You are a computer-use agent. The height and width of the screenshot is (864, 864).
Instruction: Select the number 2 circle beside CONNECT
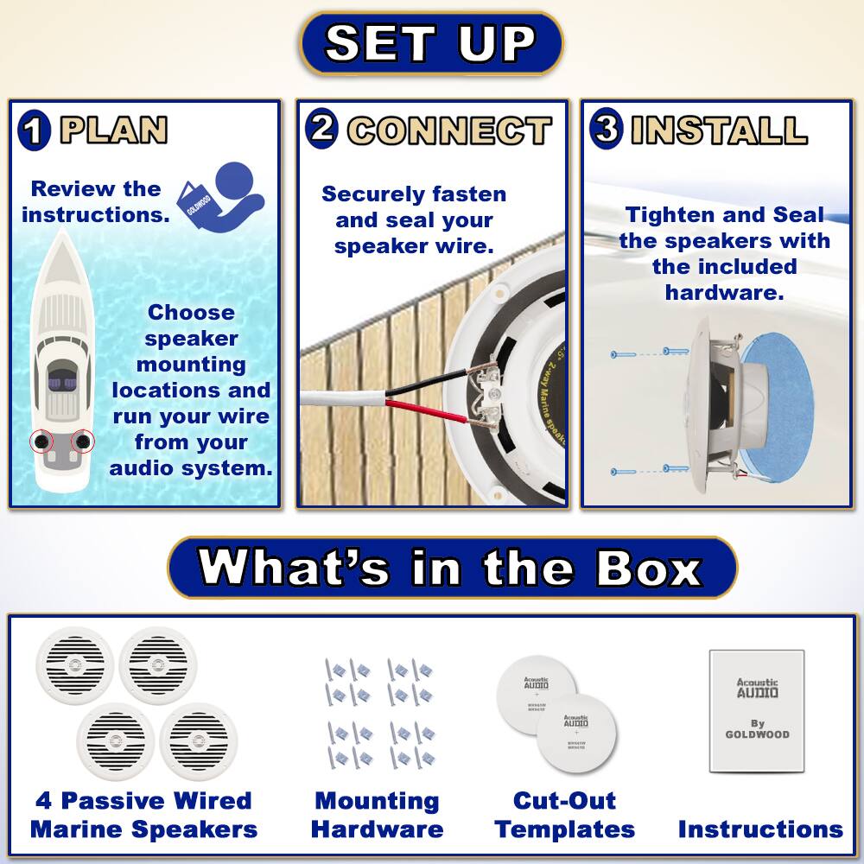tap(321, 130)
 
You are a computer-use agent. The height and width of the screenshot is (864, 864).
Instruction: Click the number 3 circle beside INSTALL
tap(607, 130)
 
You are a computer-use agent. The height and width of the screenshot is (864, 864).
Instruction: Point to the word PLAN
tap(113, 130)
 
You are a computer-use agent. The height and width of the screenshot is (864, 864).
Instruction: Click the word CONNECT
tap(449, 131)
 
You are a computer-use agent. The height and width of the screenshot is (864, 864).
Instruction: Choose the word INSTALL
tap(719, 130)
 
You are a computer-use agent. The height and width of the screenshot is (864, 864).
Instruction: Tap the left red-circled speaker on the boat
tap(41, 442)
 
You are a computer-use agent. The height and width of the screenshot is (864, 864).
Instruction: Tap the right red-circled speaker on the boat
tap(82, 442)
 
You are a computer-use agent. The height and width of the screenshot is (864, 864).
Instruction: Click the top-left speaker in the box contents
tap(75, 664)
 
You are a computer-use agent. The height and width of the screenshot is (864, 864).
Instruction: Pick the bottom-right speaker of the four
tap(198, 740)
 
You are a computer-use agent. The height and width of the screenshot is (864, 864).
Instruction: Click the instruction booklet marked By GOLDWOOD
tap(757, 710)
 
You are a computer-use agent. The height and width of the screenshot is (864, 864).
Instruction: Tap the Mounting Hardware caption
tap(377, 815)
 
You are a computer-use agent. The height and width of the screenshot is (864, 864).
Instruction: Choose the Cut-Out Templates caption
tap(564, 815)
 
